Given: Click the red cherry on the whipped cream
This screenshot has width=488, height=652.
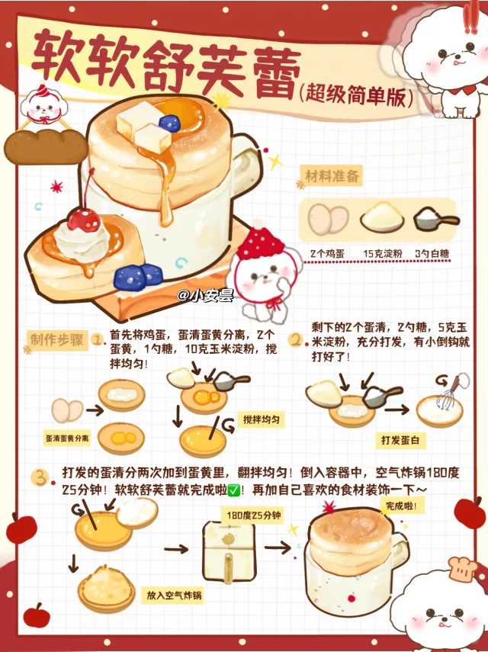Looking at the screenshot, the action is click(x=84, y=220).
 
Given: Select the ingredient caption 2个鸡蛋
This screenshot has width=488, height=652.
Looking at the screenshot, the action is click(x=328, y=254).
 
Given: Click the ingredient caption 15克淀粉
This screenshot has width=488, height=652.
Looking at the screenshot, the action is click(x=383, y=254).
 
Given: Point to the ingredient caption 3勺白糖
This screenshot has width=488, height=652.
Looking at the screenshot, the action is click(x=432, y=254).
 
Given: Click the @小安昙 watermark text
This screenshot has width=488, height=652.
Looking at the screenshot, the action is click(x=205, y=296).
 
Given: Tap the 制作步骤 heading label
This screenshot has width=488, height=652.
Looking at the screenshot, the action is click(x=57, y=339).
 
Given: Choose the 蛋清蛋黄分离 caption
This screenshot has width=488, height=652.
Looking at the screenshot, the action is click(x=67, y=438).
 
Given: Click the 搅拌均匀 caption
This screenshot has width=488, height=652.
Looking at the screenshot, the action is click(x=261, y=419).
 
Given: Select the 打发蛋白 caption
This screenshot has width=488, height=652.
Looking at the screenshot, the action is click(x=400, y=440).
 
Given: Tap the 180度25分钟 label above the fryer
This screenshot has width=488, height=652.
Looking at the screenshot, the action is click(x=254, y=515).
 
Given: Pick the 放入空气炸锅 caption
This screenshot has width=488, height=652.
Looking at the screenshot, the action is click(x=174, y=595).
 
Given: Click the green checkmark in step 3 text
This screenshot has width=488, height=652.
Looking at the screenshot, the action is click(x=234, y=490).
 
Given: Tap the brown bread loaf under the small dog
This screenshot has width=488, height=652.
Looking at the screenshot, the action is click(x=47, y=146).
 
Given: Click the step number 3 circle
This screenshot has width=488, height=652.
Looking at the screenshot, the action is click(x=40, y=478).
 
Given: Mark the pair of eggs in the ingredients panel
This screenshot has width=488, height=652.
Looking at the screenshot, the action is click(x=328, y=219).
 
